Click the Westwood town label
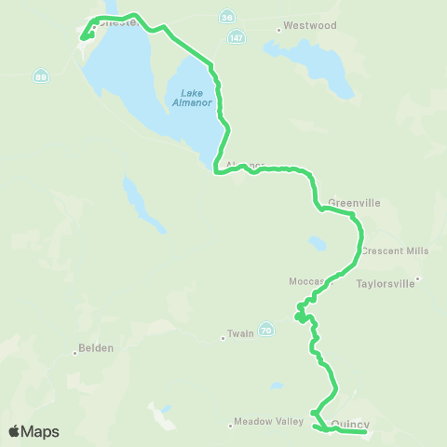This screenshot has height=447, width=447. point(310,26)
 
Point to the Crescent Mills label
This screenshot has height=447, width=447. point(395,251)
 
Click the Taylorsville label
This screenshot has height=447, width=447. point(386,285)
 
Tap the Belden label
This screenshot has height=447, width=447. point(97,348)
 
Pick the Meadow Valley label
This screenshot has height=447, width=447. point(269,421)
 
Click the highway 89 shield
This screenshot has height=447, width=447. point(40,75)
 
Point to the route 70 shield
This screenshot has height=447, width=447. point(266,329)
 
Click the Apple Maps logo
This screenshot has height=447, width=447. point(34,431)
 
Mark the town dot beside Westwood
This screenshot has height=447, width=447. point(278,30)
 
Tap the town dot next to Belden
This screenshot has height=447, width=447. point(75,353)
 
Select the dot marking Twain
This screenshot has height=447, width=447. point(223,339)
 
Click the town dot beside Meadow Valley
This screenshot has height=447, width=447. point(230,425)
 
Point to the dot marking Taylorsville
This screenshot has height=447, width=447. point(419,278)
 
